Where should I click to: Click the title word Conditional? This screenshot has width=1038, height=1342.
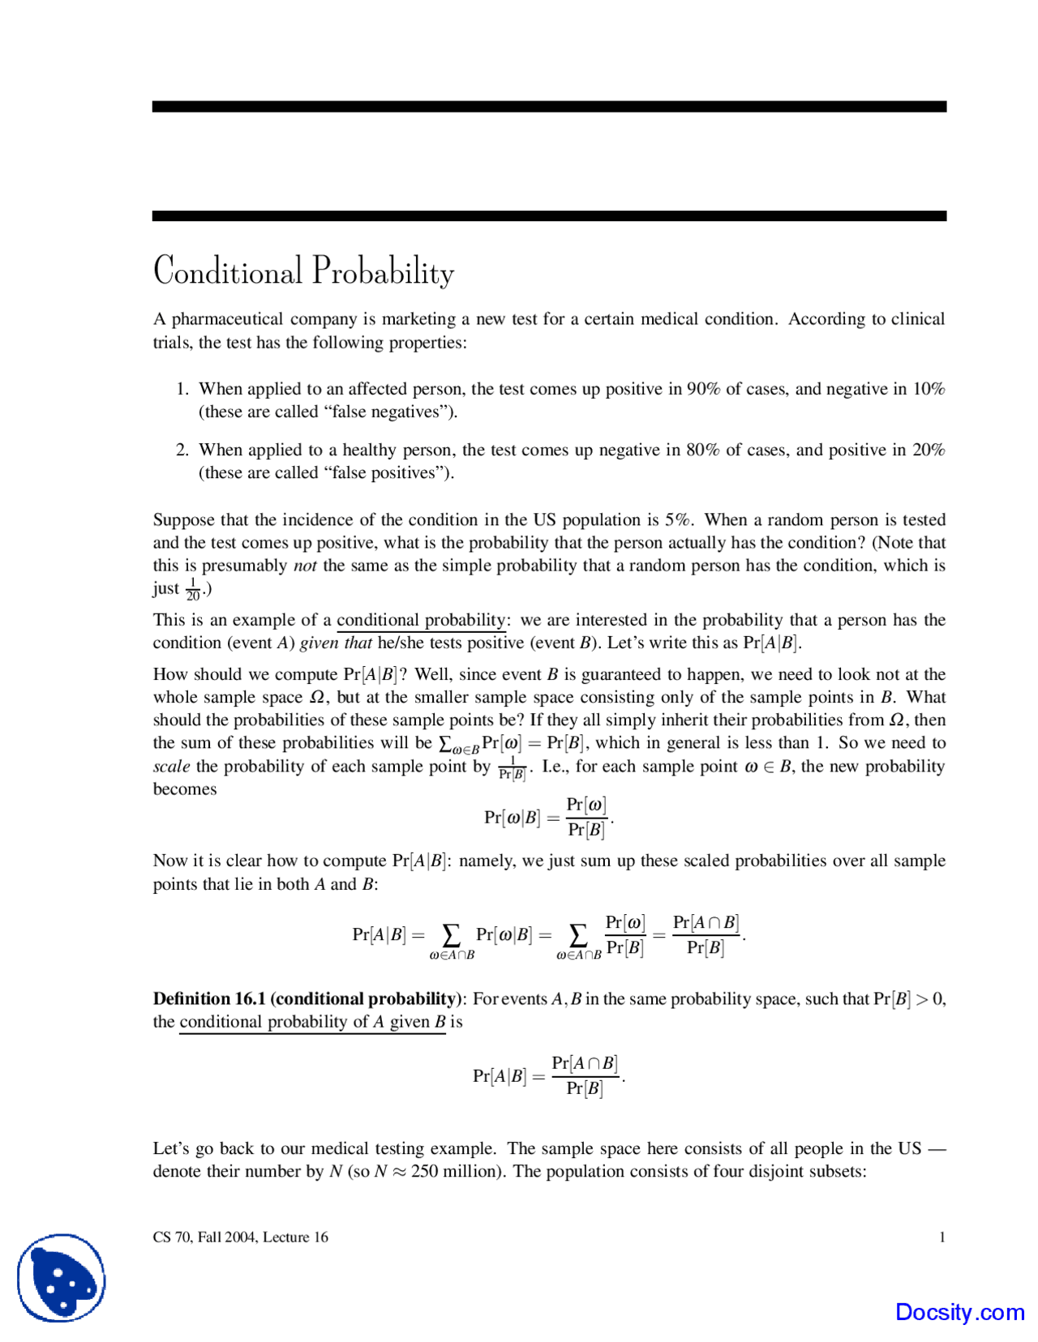[x=228, y=271]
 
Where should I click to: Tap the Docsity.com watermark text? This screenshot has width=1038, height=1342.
[x=959, y=1312]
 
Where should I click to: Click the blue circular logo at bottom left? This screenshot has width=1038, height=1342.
[x=62, y=1278]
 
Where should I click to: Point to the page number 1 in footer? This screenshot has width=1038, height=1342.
[x=941, y=1237]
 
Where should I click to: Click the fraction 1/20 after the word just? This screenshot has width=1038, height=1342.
[x=193, y=589]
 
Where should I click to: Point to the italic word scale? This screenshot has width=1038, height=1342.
[x=171, y=767]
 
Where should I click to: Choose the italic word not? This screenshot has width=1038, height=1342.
[x=305, y=566]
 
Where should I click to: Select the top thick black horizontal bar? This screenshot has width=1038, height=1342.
[x=549, y=106]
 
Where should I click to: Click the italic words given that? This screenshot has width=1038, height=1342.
[x=336, y=643]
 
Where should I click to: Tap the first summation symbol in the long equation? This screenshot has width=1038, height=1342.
[x=451, y=935]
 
